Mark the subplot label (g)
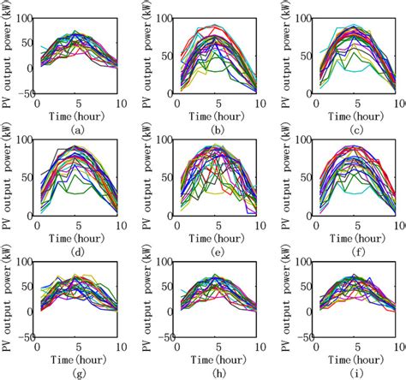pos(78,372)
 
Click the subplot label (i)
pos(353,372)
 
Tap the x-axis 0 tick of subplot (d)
pos(36,224)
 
